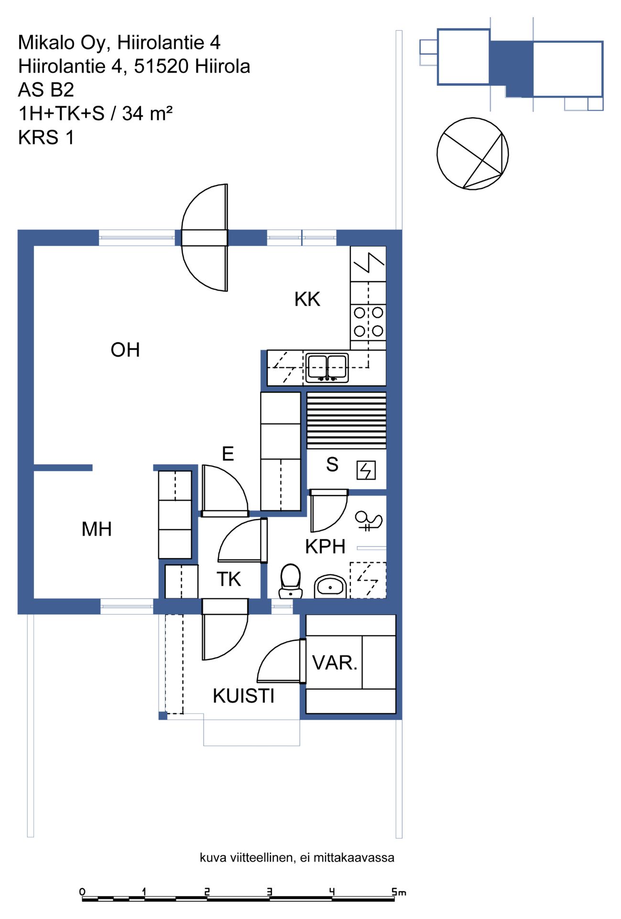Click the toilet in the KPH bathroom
click(290, 581)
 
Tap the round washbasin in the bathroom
click(330, 586)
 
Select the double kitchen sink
click(327, 368)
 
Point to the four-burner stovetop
click(368, 322)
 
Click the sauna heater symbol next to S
click(366, 470)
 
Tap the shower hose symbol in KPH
click(369, 521)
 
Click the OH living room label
click(125, 350)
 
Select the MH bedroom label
click(97, 529)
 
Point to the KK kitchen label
click(307, 299)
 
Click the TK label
click(229, 579)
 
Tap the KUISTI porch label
click(244, 696)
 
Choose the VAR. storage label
click(335, 663)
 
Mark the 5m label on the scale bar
click(399, 892)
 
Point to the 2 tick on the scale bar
click(207, 891)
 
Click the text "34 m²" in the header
click(147, 114)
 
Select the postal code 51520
click(161, 67)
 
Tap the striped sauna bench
click(346, 420)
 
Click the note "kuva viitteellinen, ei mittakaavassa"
click(297, 857)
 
